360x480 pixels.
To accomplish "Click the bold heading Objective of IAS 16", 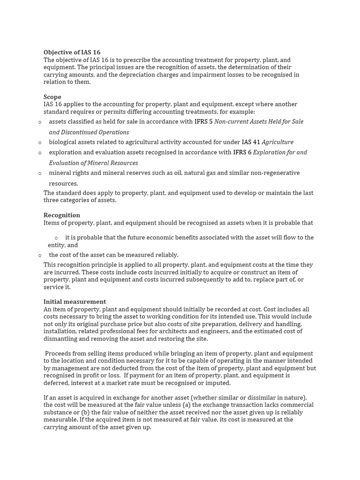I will pos(72,52).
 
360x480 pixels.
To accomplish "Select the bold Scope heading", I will pos(52,97).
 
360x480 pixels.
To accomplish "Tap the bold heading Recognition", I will pos(62,215).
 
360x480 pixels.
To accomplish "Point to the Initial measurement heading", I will pos(75,302).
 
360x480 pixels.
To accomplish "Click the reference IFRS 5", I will pos(203,122).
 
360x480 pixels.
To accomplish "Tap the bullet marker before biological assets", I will pos(40,142).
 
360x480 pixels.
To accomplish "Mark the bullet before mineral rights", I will pos(40,173).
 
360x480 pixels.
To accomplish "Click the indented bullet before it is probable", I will pos(56,238).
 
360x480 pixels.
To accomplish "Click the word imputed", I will pos(218,383).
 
